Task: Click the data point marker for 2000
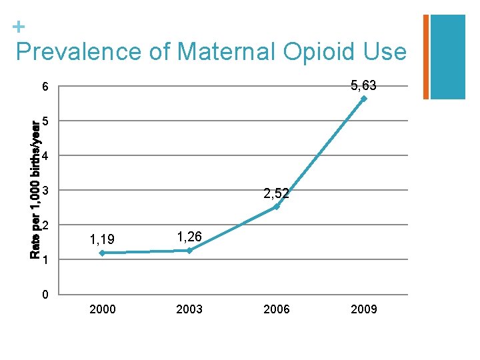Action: [102, 253]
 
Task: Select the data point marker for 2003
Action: [189, 250]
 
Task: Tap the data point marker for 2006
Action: [277, 207]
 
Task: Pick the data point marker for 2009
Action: [364, 99]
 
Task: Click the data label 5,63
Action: [363, 85]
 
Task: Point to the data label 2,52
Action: [276, 194]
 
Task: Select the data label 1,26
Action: [189, 235]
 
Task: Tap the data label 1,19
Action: [102, 238]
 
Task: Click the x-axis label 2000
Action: [102, 309]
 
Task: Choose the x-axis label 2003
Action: [189, 309]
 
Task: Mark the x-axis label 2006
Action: [277, 309]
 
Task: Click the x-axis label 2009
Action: [364, 309]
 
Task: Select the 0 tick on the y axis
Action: [45, 295]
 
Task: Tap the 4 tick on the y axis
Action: [45, 157]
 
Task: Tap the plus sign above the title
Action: [19, 27]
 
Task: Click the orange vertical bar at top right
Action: [426, 57]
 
